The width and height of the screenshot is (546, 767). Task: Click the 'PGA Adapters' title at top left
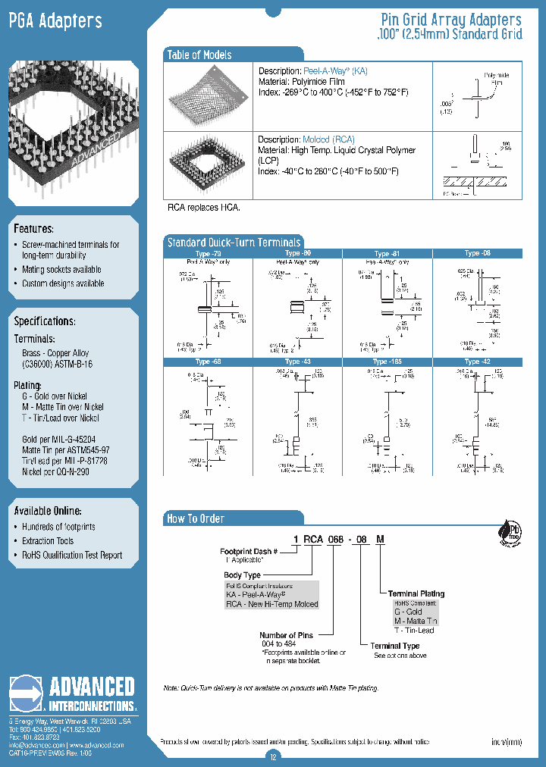click(55, 21)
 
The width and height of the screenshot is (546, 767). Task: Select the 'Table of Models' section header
click(199, 55)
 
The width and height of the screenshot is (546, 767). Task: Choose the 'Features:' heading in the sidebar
click(33, 228)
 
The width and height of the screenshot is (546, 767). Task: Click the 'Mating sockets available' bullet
click(61, 270)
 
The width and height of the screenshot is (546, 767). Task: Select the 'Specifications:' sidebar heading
click(45, 321)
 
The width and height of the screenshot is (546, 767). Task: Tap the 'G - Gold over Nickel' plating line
click(55, 396)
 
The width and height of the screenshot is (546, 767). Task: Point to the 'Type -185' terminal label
click(386, 362)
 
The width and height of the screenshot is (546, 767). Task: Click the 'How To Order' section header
click(196, 518)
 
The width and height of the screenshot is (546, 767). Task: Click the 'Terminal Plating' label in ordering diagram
click(416, 593)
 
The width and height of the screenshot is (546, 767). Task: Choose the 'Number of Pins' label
click(288, 635)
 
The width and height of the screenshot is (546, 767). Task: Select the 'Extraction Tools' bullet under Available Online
click(48, 541)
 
